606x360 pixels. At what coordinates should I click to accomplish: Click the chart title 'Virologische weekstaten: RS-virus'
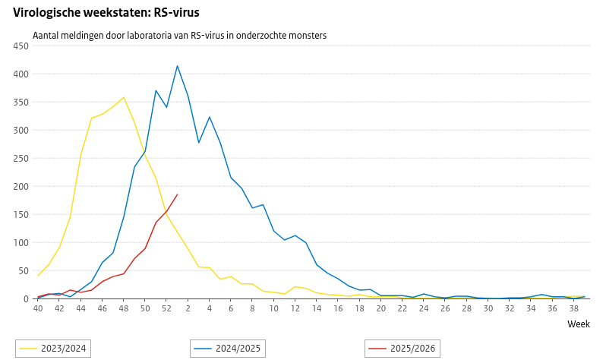pyautogui.click(x=106, y=13)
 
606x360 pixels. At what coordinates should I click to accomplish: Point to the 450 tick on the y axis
pyautogui.click(x=21, y=46)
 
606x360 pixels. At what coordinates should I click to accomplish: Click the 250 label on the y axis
pyautogui.click(x=21, y=159)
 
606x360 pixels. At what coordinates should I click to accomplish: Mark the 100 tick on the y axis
pyautogui.click(x=21, y=243)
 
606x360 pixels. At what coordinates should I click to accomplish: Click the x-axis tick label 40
pyautogui.click(x=38, y=308)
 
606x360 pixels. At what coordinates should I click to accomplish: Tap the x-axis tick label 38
pyautogui.click(x=573, y=308)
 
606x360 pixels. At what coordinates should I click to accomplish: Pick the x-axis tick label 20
pyautogui.click(x=380, y=308)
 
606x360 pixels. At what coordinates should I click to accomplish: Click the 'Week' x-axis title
pyautogui.click(x=579, y=324)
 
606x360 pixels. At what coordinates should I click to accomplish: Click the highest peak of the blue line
pyautogui.click(x=178, y=66)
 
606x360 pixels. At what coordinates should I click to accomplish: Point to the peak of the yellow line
pyautogui.click(x=124, y=97)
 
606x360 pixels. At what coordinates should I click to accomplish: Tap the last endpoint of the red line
pyautogui.click(x=177, y=194)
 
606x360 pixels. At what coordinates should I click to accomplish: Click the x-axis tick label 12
pyautogui.click(x=295, y=308)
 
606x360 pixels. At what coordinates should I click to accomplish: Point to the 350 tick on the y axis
pyautogui.click(x=21, y=103)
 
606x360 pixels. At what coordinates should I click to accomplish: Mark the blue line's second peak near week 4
pyautogui.click(x=210, y=117)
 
